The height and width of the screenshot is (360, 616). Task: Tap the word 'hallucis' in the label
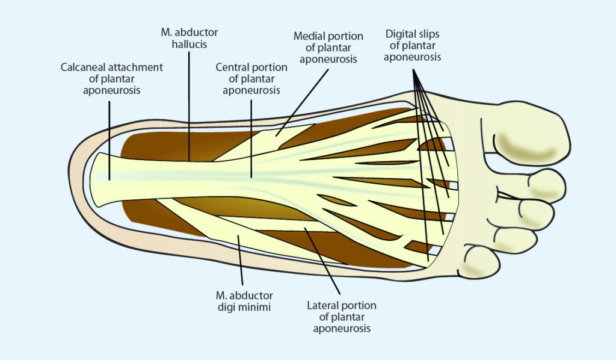coord(189,44)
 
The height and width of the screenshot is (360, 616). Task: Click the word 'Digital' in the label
coord(400,34)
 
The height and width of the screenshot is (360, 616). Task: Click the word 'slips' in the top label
coord(429,34)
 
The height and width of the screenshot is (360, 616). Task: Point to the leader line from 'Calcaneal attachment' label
coord(109,140)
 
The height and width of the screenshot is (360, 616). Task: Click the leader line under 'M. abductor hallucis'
coord(189,106)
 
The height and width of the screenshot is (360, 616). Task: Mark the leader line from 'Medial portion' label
coord(302,103)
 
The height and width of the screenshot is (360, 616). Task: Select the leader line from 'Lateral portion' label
coord(322,261)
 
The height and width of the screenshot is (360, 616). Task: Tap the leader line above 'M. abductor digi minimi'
coord(240,260)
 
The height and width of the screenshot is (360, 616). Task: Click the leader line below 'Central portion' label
coord(251,138)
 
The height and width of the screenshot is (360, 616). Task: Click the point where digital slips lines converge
coord(413,70)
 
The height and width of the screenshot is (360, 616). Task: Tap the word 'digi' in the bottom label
coord(227,307)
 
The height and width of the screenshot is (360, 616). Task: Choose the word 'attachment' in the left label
coord(137,67)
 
